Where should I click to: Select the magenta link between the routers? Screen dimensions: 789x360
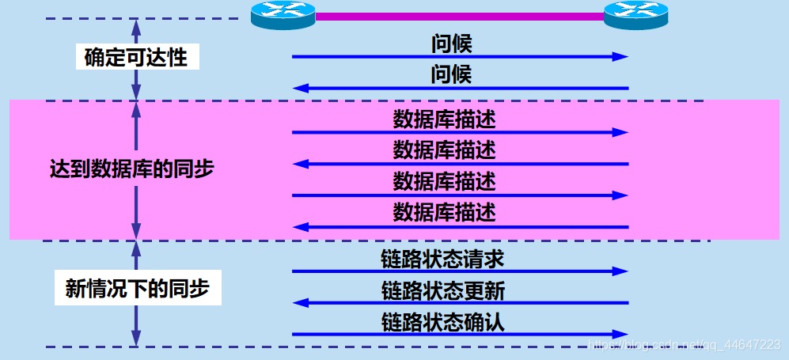pos(459,15)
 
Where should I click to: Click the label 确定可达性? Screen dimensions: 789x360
pos(136,57)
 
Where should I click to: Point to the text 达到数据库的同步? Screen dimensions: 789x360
pos(131,169)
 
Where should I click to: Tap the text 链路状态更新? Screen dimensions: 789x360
pos(442,290)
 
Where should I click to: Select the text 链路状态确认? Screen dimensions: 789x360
pos(442,321)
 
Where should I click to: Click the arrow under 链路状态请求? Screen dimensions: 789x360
pos(459,271)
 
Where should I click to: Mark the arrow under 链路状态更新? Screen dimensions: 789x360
pos(459,302)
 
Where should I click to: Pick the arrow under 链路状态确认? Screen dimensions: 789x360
pos(459,334)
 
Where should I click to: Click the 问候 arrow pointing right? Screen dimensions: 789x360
pos(459,57)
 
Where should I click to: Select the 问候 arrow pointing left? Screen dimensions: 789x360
pos(459,89)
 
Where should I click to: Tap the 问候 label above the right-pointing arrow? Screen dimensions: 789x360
pos(451,44)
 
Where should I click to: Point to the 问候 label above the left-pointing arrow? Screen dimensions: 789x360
pos(451,75)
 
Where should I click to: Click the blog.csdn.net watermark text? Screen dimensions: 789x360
pos(685,345)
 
